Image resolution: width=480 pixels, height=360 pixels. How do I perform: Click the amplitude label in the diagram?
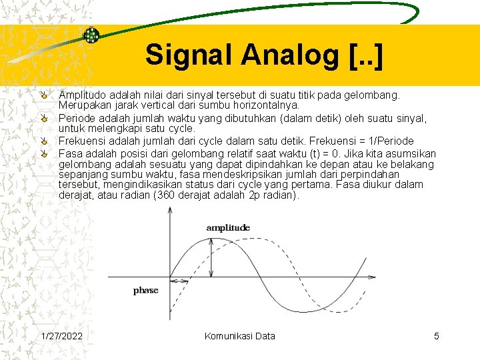228,227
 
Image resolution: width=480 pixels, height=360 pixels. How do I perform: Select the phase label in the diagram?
145,290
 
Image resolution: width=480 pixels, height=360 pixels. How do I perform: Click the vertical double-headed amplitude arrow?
212,258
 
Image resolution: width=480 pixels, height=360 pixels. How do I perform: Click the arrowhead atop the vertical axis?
171,210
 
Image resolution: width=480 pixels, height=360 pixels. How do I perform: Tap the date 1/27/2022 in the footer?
61,336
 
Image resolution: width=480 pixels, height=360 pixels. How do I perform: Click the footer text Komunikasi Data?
239,336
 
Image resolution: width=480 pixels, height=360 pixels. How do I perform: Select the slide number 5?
437,336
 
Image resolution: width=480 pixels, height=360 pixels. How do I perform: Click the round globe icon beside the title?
91,36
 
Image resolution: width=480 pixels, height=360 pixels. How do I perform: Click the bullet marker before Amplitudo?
43,96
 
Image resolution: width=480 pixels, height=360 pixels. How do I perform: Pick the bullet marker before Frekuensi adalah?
43,141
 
